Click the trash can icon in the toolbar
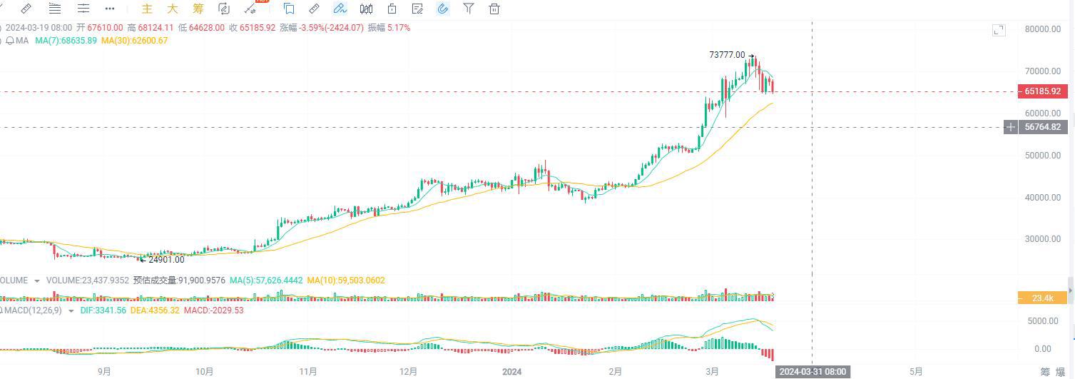coord(494,9)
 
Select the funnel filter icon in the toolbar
coord(469,9)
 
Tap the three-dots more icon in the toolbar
coord(109,9)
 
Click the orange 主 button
coord(148,9)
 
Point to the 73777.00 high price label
coord(727,55)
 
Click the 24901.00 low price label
coord(166,260)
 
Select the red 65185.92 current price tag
coord(1042,91)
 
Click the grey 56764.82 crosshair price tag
coord(1042,127)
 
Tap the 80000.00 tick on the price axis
coord(1041,29)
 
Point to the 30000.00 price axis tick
coord(1041,239)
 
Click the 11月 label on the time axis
coord(308,371)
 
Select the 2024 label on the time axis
coord(512,371)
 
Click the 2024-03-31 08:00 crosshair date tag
coord(812,372)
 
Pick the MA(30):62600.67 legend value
coord(134,41)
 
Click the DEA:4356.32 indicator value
coord(155,310)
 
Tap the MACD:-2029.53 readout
coord(214,310)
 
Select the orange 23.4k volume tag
coord(1042,298)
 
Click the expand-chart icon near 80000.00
coord(999,30)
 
